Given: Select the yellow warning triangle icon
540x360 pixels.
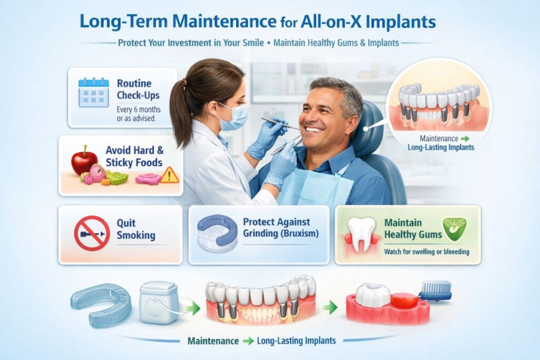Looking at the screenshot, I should [169, 175].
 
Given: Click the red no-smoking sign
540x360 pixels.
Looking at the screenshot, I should [92, 232].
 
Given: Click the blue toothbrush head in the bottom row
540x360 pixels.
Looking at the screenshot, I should [437, 288].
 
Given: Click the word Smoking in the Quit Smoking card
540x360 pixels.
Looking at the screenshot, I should [136, 235].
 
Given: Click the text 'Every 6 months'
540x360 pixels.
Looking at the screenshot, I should [139, 109].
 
